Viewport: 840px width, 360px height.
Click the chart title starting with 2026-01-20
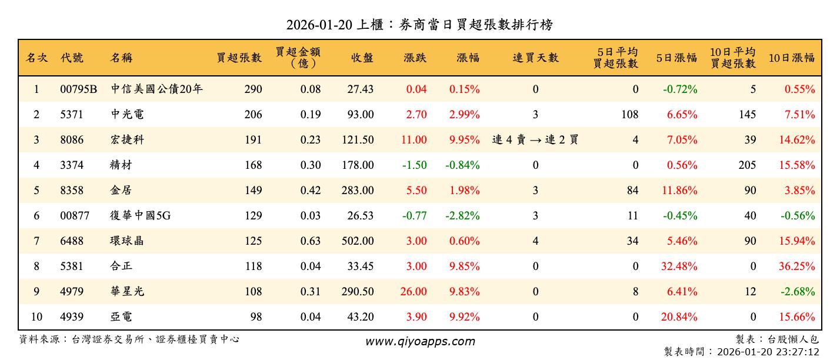(419, 25)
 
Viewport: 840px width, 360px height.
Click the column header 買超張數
(239, 58)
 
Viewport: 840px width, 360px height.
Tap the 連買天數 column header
(535, 58)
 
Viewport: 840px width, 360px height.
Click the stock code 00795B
(78, 89)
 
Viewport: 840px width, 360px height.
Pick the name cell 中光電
(127, 115)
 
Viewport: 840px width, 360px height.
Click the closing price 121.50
(357, 140)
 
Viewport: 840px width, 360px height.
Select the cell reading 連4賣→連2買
(535, 140)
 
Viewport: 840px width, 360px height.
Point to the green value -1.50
(414, 165)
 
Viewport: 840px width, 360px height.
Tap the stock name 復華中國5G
(141, 216)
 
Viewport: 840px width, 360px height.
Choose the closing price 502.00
(357, 241)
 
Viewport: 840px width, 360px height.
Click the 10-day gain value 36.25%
(796, 266)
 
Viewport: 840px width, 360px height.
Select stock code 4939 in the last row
(72, 317)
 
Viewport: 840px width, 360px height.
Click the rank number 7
(36, 241)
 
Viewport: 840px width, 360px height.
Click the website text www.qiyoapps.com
(419, 341)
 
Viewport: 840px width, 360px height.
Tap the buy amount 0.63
(311, 241)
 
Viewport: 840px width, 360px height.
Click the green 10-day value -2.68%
(797, 292)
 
